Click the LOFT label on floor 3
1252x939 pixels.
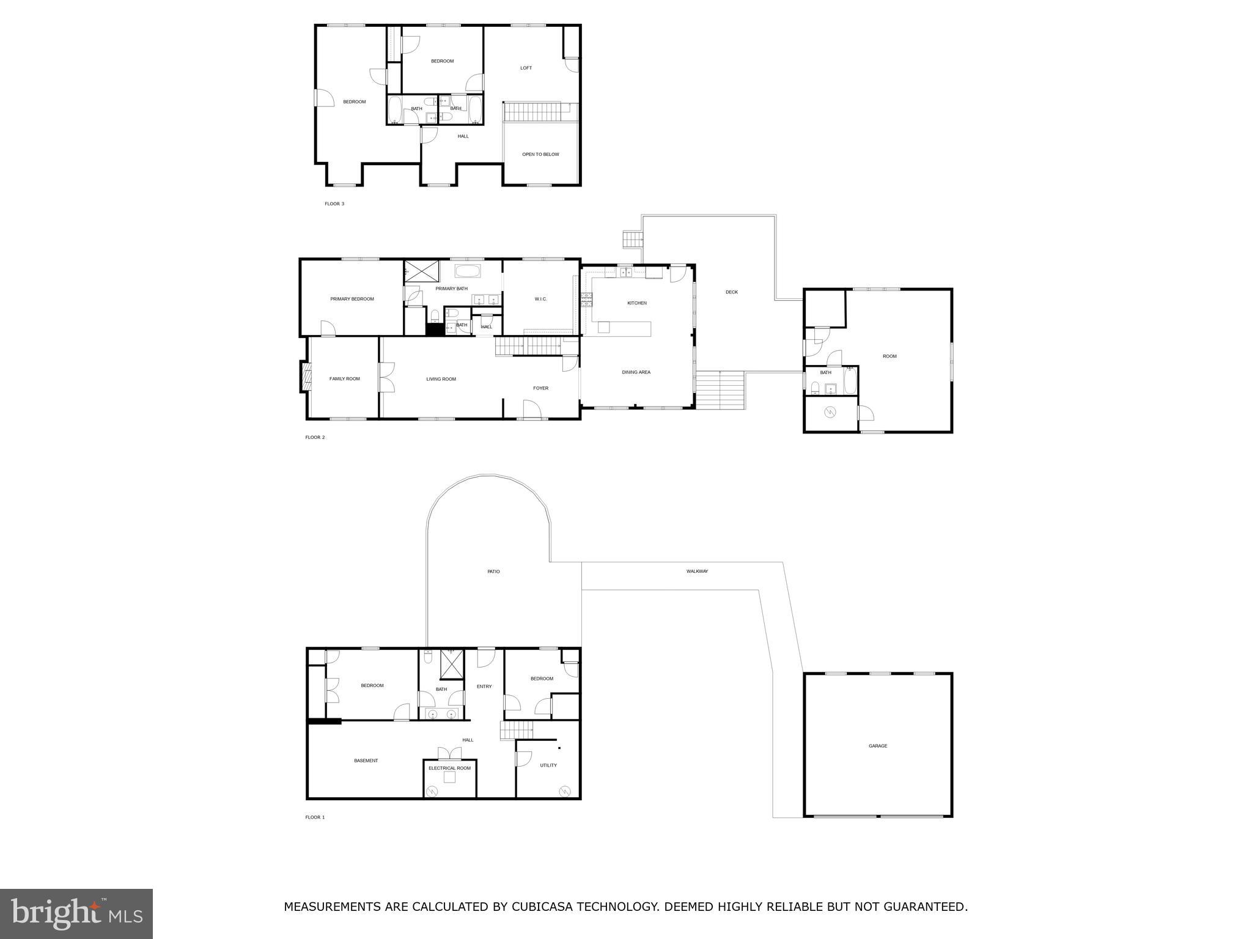tap(526, 68)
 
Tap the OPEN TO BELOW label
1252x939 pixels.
tap(540, 154)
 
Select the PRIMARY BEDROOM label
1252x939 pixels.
tap(352, 299)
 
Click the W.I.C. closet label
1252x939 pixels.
tap(540, 299)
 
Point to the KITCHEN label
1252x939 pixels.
tap(636, 303)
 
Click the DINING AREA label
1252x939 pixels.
tap(636, 372)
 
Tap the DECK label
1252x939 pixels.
tap(731, 292)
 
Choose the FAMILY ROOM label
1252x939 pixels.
tap(344, 379)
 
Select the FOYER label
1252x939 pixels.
tap(540, 388)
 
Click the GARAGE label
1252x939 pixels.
tap(877, 746)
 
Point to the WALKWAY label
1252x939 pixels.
tap(697, 572)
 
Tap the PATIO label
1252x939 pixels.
tap(493, 572)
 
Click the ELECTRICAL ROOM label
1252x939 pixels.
tap(449, 768)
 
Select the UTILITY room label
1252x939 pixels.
tap(548, 765)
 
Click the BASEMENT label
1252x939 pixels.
tap(366, 760)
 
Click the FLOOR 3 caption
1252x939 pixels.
tap(334, 204)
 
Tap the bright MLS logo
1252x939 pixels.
tap(76, 913)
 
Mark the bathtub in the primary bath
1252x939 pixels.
tap(468, 271)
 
